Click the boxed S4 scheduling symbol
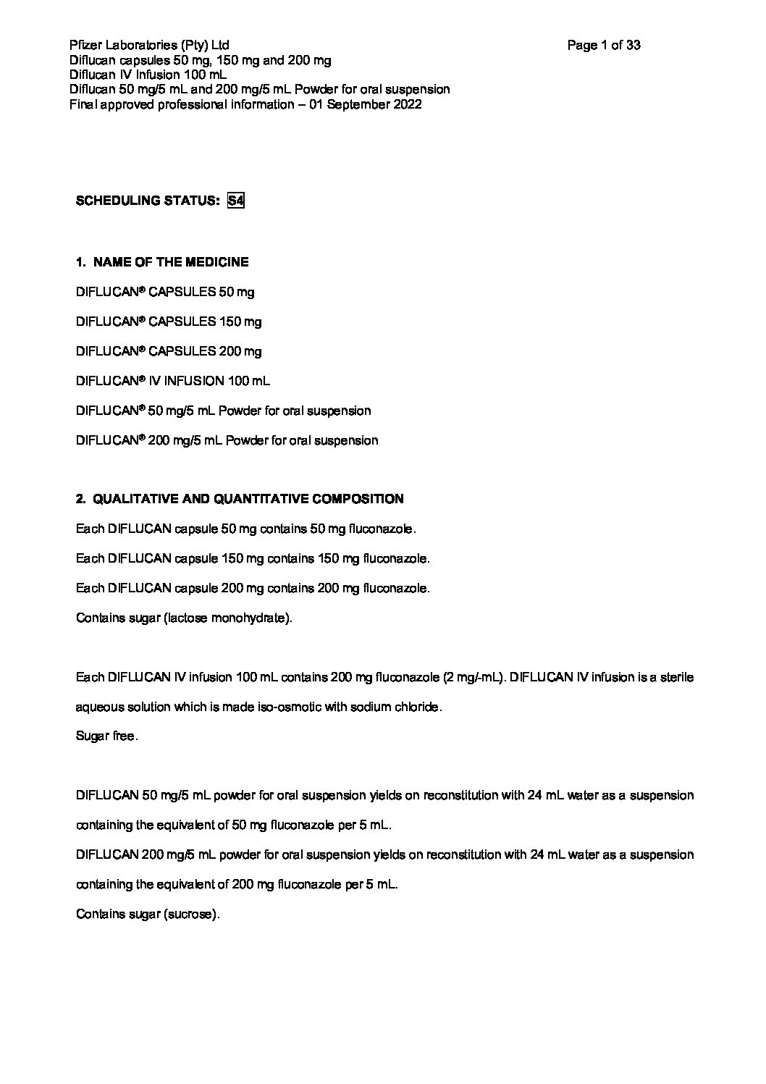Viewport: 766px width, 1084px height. (235, 201)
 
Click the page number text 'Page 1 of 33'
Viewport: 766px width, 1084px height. (604, 46)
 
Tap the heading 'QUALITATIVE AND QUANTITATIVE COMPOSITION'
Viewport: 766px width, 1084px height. (248, 499)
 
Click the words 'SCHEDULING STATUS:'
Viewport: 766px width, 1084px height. (148, 201)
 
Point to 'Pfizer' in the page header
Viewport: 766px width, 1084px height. (85, 46)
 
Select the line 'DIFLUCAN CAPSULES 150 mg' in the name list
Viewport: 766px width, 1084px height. (169, 322)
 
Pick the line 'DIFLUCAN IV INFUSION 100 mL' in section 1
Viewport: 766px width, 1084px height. (173, 381)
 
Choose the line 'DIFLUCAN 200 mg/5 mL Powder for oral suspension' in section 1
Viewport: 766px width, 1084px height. (227, 440)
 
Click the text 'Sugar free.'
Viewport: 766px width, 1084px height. (106, 736)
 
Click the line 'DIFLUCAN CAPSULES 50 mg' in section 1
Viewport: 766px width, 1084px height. (165, 292)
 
